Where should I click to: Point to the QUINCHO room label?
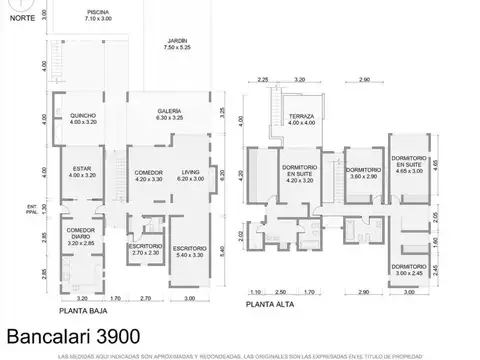click(x=83, y=119)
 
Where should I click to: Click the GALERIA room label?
click(x=168, y=114)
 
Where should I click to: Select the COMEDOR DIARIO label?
click(x=81, y=235)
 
